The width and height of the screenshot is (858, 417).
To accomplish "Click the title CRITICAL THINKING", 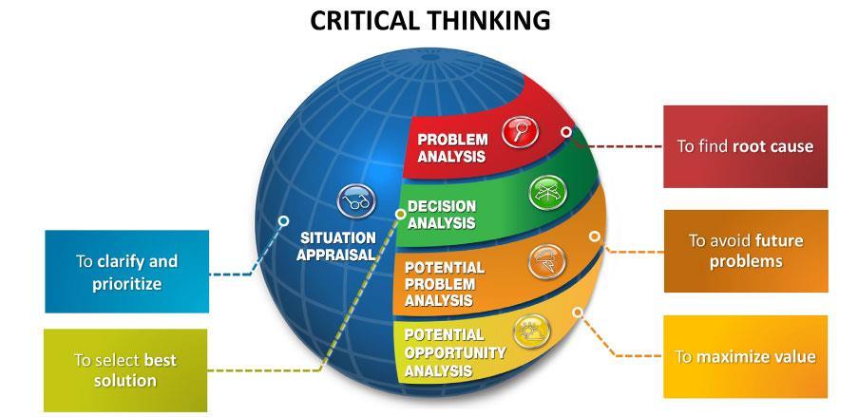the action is coord(429,20).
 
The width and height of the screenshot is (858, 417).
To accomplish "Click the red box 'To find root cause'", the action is coord(745,146).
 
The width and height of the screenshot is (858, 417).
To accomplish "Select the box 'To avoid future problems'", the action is coord(745,251).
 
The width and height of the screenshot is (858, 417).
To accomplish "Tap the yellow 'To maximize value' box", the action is coord(745,356).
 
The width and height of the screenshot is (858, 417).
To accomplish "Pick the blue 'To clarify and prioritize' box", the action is coord(126,272).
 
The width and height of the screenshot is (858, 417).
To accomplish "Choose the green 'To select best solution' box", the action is coord(125,370).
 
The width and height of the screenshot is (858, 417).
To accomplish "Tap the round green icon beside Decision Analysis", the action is coord(545,193).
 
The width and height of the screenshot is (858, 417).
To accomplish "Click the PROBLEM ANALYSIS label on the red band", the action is coord(453,148).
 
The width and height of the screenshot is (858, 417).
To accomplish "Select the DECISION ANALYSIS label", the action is coord(442,215).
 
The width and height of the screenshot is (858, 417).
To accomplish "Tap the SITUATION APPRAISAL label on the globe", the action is coord(334,246).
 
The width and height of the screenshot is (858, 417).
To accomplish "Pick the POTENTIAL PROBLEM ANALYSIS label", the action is coord(444,284).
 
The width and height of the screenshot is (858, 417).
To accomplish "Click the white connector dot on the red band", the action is coord(566,132).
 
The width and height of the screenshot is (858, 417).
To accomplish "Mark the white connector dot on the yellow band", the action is coord(578,312).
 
